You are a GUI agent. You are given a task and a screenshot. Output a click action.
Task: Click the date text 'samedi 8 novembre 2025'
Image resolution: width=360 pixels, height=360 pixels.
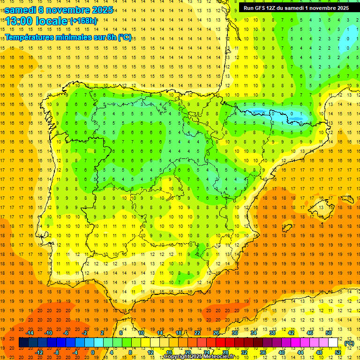(x=59, y=9)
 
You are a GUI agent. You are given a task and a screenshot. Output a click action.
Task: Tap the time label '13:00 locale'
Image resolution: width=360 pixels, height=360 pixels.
(x=37, y=21)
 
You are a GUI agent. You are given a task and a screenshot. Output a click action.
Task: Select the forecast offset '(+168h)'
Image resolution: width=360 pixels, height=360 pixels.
(x=84, y=21)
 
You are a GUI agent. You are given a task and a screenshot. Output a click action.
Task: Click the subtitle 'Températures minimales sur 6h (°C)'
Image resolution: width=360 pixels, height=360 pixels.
(x=68, y=37)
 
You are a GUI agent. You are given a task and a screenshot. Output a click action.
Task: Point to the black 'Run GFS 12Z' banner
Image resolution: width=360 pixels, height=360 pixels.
(x=296, y=8)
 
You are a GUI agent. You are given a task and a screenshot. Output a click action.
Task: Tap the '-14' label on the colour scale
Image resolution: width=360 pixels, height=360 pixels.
(x=29, y=333)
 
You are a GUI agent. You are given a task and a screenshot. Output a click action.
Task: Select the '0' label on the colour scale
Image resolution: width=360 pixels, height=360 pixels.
(x=93, y=352)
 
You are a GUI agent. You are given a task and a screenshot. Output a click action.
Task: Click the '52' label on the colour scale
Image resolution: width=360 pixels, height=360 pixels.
(x=338, y=352)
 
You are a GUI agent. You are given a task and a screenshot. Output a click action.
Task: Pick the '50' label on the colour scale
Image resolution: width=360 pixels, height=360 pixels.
(x=329, y=333)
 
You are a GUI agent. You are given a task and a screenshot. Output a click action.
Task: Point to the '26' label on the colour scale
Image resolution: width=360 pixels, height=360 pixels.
(x=216, y=333)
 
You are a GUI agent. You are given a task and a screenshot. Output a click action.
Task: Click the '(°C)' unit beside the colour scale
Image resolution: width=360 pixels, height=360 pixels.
(x=349, y=343)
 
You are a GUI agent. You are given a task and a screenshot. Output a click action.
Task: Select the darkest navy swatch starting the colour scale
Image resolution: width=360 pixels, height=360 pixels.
(x=24, y=343)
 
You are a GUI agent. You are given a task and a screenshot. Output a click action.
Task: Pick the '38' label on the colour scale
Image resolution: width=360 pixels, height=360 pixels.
(x=272, y=333)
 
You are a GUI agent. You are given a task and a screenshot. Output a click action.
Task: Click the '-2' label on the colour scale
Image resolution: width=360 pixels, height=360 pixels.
(x=84, y=333)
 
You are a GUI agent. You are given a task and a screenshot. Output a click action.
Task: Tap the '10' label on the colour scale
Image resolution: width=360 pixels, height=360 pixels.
(x=141, y=333)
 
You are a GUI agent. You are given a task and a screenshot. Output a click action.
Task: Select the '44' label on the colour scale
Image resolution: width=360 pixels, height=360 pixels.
(x=300, y=352)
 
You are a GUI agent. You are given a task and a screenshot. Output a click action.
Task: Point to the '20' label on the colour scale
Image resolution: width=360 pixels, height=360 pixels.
(x=187, y=352)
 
